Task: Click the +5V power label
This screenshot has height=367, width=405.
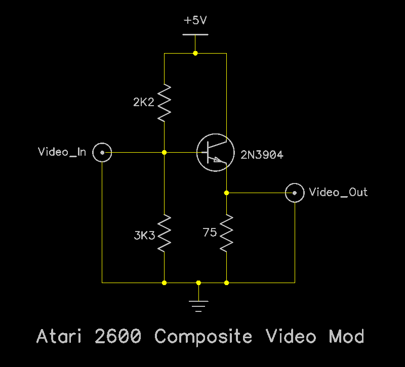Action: [x=195, y=21]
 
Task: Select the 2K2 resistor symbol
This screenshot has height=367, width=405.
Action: [x=165, y=103]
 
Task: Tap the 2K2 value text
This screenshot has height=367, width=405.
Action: [x=143, y=103]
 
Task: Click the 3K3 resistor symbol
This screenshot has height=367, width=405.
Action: [x=165, y=233]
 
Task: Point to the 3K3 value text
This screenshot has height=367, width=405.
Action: [x=144, y=236]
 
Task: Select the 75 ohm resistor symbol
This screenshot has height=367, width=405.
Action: [x=226, y=233]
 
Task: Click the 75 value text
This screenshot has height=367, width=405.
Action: [x=210, y=233]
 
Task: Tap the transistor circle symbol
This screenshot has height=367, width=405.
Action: [x=215, y=152]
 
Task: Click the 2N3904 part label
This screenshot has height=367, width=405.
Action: [x=262, y=155]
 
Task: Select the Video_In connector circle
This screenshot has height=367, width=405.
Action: [x=102, y=152]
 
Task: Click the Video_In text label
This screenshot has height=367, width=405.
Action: [x=62, y=152]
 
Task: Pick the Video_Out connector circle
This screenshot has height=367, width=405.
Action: [x=295, y=193]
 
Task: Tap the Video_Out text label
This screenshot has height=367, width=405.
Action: [x=338, y=193]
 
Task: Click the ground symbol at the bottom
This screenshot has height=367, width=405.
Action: [x=198, y=305]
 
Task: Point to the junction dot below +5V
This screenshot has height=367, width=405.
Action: [x=195, y=53]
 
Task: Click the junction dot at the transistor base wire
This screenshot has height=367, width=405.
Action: [x=165, y=152]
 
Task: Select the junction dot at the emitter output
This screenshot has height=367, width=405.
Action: [x=226, y=193]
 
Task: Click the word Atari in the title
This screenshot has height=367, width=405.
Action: [x=60, y=336]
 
